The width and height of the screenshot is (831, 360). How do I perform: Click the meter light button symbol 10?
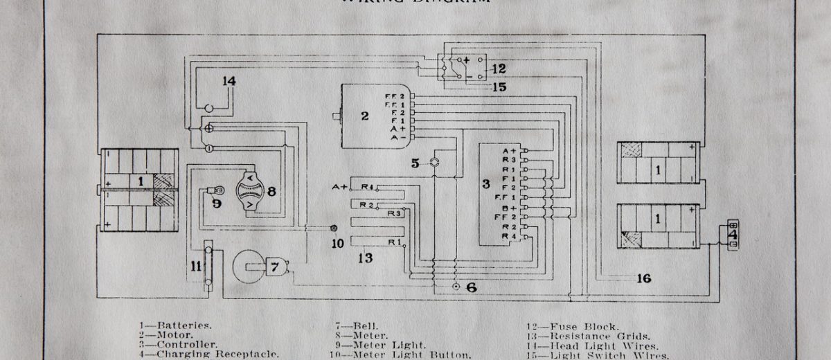[334, 228]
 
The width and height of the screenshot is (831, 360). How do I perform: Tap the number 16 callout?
[643, 278]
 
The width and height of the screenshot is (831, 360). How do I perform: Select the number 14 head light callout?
[229, 81]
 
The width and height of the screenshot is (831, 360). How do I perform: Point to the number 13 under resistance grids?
[366, 258]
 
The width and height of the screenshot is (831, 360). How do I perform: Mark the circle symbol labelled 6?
[455, 287]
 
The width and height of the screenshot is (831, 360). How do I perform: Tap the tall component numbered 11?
[207, 265]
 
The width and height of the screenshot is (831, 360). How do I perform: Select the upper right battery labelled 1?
[657, 163]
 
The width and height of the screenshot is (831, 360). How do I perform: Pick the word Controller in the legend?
[188, 343]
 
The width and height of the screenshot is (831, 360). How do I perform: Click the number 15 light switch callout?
[499, 87]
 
